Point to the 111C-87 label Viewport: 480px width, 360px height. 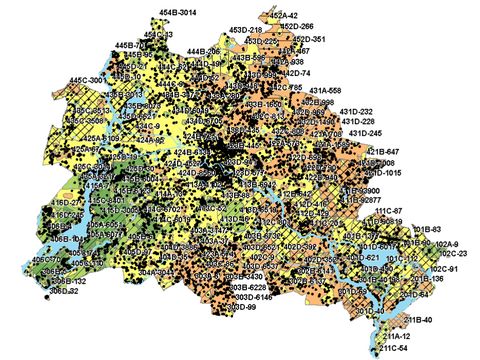coord(387,211)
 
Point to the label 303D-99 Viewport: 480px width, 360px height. coord(239,307)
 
